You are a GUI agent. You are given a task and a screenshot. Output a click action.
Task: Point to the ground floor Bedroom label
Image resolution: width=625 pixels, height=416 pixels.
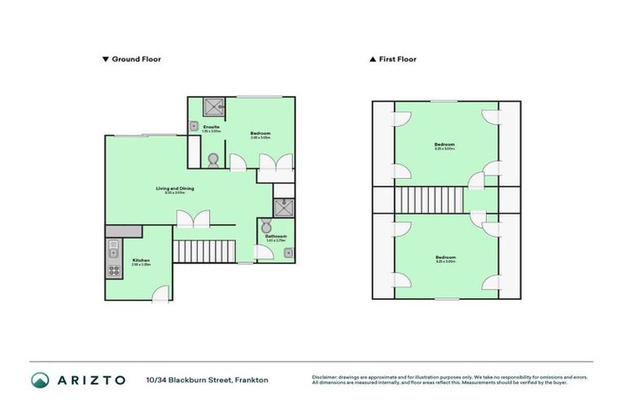pos(260,134)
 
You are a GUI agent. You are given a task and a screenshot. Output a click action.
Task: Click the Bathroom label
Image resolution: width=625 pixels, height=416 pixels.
pos(276,237)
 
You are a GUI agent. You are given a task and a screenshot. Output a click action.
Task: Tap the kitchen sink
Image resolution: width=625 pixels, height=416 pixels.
pos(113,247)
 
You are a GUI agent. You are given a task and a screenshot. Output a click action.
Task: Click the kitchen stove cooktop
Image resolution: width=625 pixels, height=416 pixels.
pos(113,270)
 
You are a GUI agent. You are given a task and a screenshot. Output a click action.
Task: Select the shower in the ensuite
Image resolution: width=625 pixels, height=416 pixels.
pos(215,106)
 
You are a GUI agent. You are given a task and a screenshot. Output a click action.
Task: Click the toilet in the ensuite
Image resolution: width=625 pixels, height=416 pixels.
pos(213,159)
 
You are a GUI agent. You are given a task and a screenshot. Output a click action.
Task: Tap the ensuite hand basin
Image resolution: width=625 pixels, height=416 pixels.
pos(194,126)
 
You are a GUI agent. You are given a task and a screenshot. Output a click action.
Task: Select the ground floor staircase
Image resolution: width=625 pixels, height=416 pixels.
pos(203,251)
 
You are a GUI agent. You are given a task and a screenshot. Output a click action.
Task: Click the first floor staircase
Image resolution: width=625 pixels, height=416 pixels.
pos(428,199)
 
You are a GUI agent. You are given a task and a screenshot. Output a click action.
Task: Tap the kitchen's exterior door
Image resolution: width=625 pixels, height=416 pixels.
pos(163,294)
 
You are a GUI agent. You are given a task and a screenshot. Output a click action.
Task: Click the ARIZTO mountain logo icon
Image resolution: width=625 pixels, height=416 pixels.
pos(40,379)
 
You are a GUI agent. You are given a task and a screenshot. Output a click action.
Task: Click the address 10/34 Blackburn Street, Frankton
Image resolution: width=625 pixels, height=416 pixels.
pos(207,380)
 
